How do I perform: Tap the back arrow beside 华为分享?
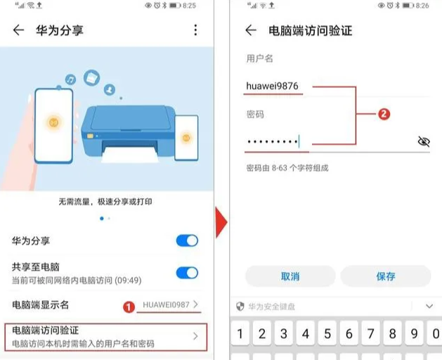(18, 30)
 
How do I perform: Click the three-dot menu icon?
(195, 30)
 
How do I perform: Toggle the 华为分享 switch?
(187, 241)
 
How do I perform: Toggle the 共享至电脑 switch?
(187, 273)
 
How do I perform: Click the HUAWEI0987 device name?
(167, 304)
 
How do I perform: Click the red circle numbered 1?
(129, 307)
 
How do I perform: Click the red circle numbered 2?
(384, 113)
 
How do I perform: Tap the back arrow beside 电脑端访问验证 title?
(250, 30)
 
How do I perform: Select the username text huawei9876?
(273, 86)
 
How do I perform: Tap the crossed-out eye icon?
(423, 141)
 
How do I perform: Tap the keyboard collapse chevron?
(429, 307)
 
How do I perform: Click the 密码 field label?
(255, 114)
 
